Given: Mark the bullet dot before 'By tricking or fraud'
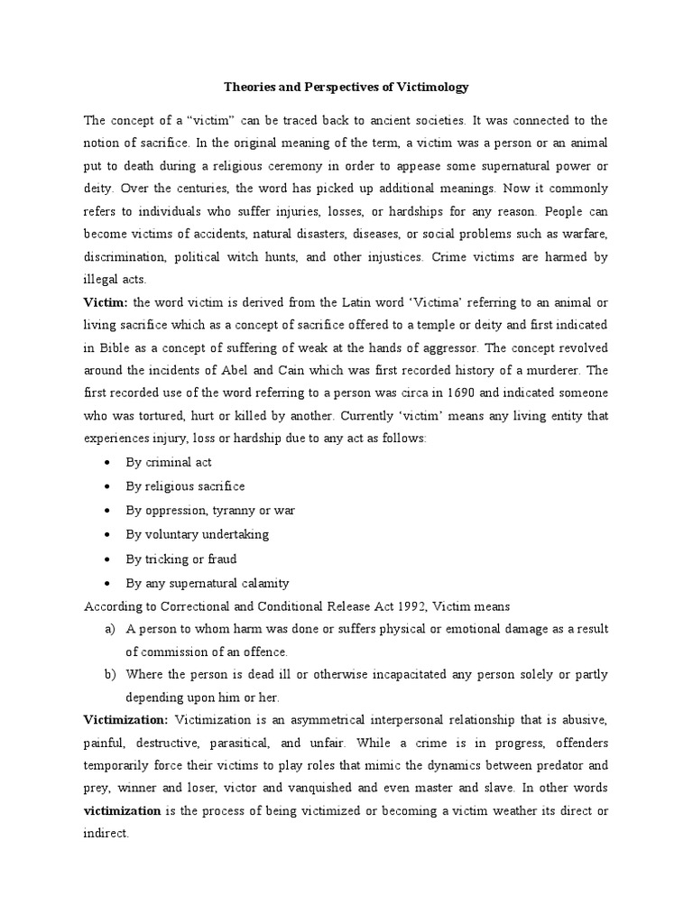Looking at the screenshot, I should coord(107,559).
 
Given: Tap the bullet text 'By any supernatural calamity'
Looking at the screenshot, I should coord(208,583).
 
